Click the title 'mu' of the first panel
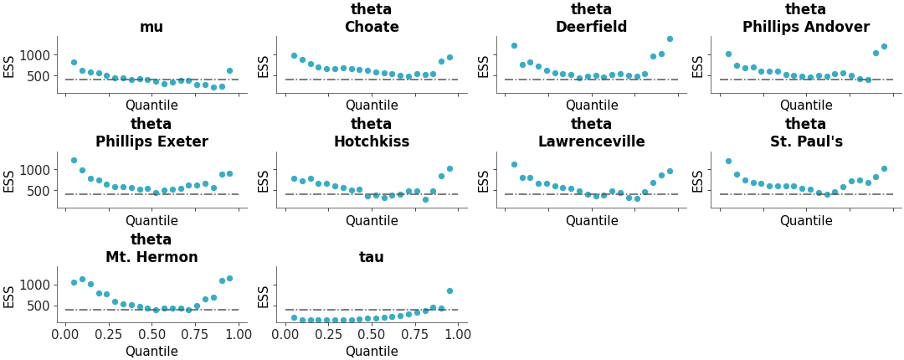click(152, 27)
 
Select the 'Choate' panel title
click(372, 27)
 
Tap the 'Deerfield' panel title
click(591, 27)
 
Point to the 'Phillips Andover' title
click(805, 27)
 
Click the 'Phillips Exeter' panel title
click(152, 141)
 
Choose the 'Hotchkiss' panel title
click(372, 141)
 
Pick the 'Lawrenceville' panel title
click(591, 141)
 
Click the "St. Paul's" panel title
click(805, 141)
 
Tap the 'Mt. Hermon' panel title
click(152, 257)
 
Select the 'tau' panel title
click(372, 257)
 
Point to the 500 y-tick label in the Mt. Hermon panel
click(42, 306)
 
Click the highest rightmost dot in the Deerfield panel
click(670, 39)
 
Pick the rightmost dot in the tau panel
click(449, 291)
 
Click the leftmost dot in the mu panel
click(74, 62)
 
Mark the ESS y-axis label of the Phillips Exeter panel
click(9, 180)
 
